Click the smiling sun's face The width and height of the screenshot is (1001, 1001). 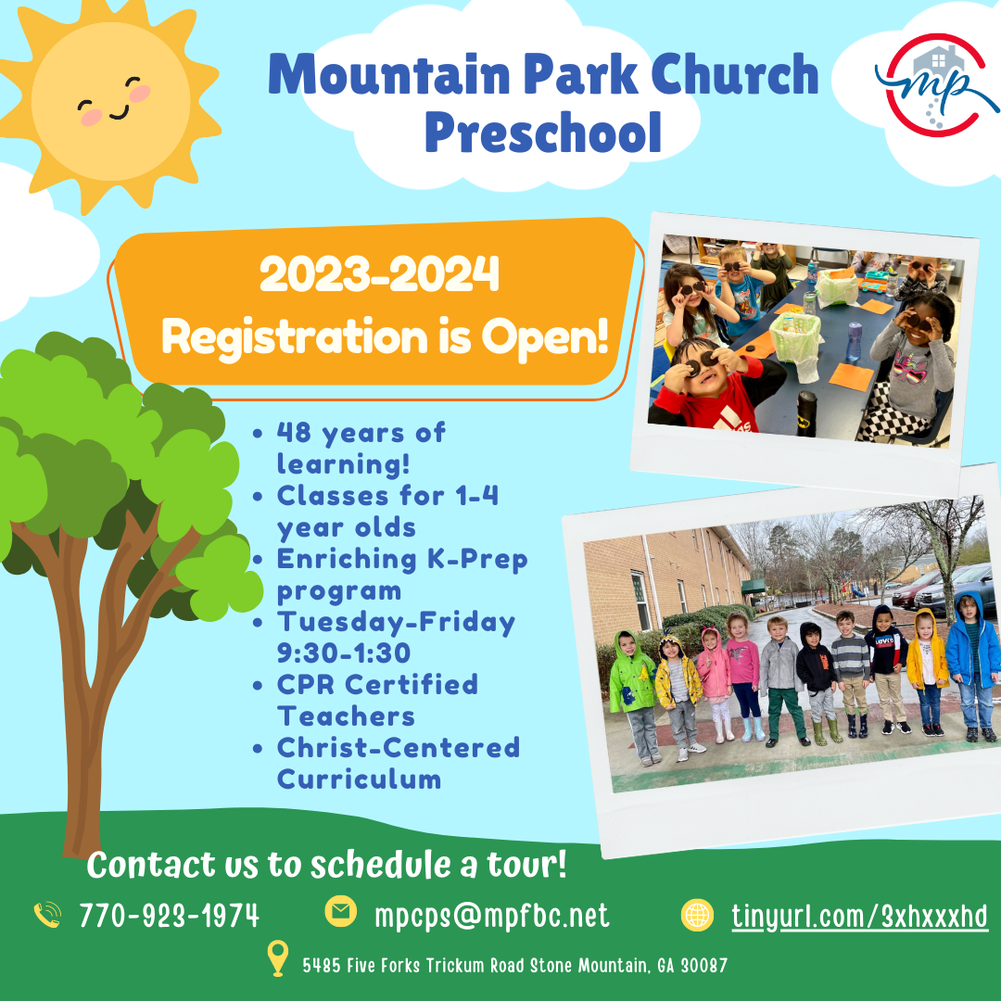tap(110, 101)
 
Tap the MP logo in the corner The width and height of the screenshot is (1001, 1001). tap(936, 85)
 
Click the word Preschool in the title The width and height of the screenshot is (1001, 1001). tap(542, 133)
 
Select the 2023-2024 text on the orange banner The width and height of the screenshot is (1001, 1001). tap(379, 273)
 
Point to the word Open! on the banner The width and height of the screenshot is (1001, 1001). tap(545, 337)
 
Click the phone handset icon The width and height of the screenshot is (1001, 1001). tap(48, 914)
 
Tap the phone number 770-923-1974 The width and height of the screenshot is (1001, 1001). tap(170, 916)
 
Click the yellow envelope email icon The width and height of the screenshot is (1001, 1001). tap(341, 911)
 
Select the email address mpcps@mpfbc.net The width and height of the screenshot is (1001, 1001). tap(491, 916)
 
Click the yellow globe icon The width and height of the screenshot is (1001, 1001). tap(697, 915)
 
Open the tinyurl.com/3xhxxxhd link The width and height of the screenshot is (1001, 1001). tap(859, 917)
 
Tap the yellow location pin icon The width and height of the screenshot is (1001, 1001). tap(277, 958)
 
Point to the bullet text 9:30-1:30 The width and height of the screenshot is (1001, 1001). tap(344, 653)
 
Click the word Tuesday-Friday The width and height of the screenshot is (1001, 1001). tap(396, 623)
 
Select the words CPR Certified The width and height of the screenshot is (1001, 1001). tap(377, 684)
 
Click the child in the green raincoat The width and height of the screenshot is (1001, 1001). tap(632, 697)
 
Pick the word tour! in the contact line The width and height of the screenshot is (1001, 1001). tap(526, 865)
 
